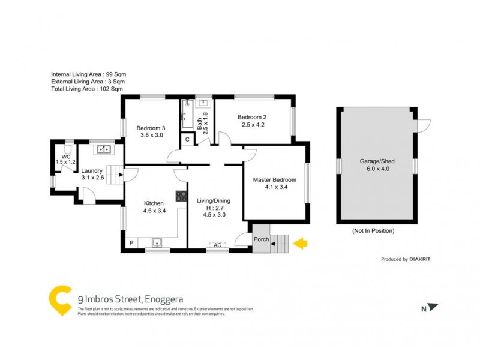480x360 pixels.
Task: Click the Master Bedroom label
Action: (274, 179)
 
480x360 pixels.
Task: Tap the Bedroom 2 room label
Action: (251, 117)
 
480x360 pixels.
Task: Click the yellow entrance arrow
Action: (301, 243)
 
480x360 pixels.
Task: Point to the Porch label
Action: (261, 239)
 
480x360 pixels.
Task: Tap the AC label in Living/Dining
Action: (217, 245)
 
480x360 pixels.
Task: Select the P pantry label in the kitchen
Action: (131, 243)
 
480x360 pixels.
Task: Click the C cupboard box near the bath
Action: (187, 140)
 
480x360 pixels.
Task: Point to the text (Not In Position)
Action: (373, 230)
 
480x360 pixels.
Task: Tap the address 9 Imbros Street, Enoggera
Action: (130, 298)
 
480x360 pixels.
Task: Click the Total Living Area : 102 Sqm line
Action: (87, 88)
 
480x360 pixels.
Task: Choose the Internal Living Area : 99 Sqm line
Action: (88, 74)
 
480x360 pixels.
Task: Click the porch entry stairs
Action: (280, 243)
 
